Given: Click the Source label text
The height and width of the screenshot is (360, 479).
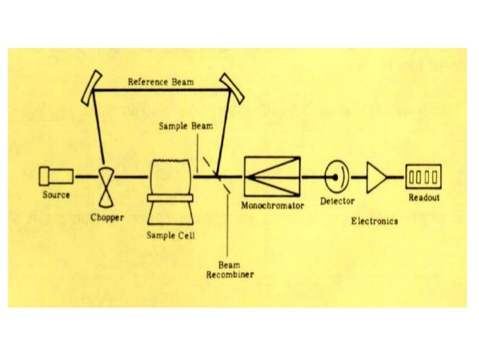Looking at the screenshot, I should point(56,195).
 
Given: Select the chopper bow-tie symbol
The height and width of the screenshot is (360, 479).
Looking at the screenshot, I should point(107,178).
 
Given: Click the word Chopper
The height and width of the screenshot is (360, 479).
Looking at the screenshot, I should point(107,217).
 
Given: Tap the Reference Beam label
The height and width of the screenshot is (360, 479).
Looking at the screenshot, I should point(161,81).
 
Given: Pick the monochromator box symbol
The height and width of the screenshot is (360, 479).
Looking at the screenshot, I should point(271,177).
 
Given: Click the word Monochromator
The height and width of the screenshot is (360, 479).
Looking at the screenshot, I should point(273,204).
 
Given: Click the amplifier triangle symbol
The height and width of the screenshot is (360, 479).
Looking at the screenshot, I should point(375,178).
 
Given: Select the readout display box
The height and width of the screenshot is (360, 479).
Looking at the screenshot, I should point(423,177).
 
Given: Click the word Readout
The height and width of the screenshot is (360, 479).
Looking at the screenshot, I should point(423,198).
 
